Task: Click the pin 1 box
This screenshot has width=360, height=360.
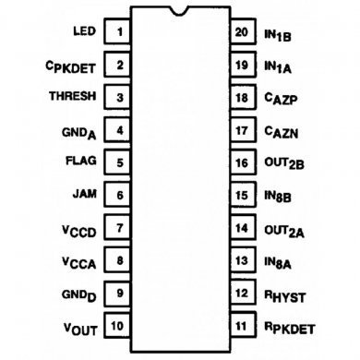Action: point(120,32)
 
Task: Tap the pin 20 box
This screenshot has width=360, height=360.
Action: point(241,32)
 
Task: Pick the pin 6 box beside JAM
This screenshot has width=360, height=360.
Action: point(120,195)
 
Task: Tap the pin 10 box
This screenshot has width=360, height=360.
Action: point(118,325)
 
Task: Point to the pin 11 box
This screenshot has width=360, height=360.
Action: point(241,325)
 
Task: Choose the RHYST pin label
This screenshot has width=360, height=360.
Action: point(285,294)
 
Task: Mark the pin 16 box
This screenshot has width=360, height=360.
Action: point(241,162)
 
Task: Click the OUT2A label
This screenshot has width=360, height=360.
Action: point(282,228)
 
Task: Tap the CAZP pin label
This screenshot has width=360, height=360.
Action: point(281,98)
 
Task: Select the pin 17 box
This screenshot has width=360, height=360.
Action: point(241,130)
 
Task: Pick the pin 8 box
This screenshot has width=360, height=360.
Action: point(120,260)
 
